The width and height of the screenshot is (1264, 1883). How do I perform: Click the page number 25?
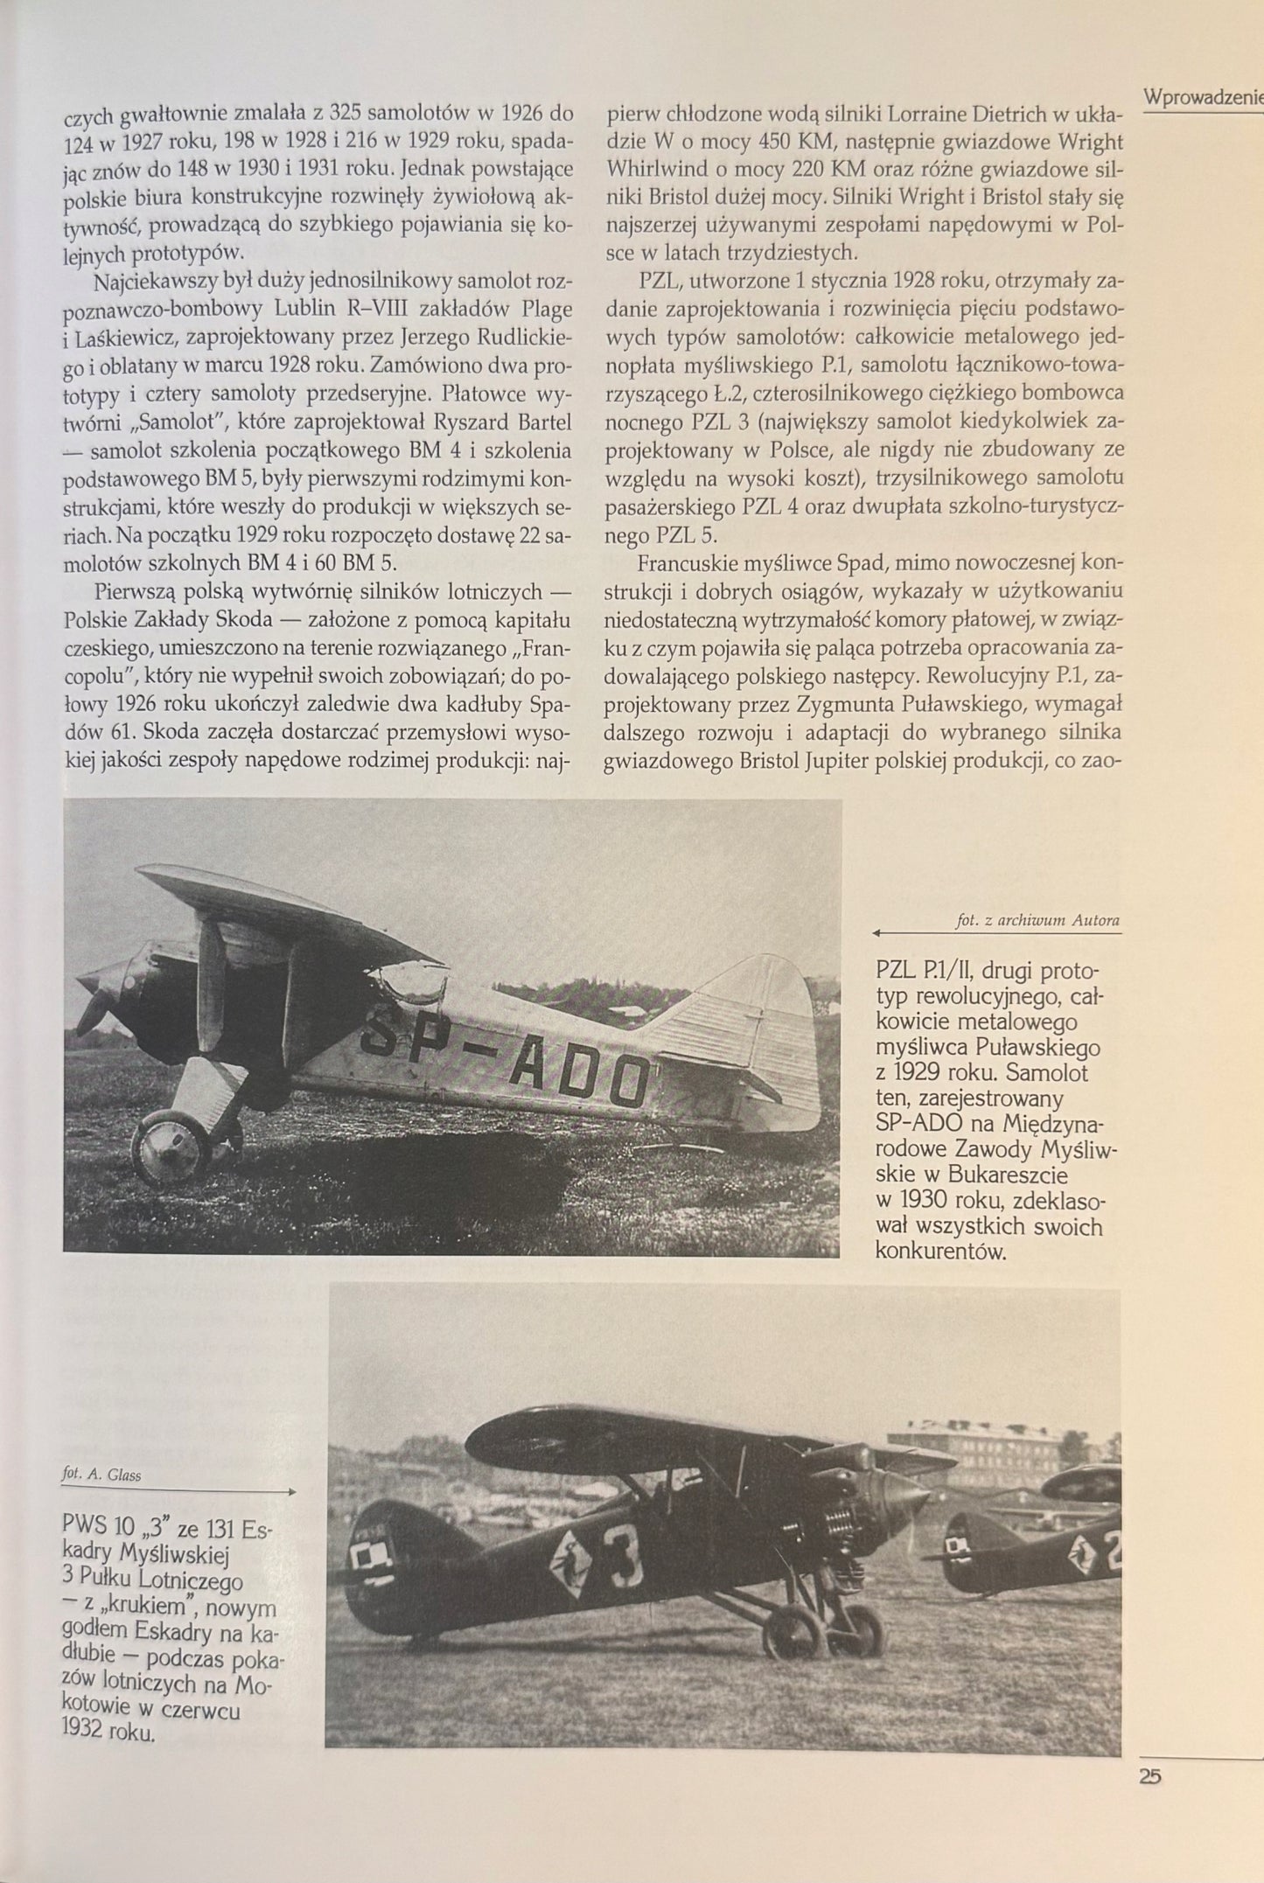pos(1150,1775)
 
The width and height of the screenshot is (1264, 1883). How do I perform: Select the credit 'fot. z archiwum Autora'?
pos(1038,920)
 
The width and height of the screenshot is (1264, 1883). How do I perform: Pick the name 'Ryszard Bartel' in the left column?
pos(506,422)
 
